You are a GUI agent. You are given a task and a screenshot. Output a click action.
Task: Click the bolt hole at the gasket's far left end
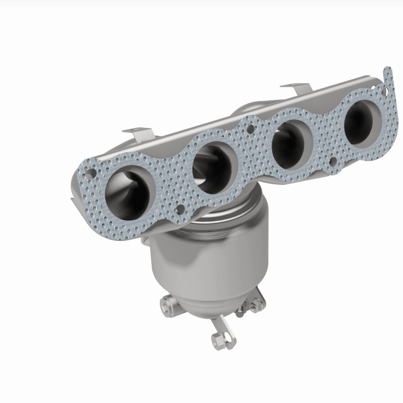(x=90, y=174)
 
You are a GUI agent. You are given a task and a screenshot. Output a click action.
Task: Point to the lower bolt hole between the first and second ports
(x=179, y=208)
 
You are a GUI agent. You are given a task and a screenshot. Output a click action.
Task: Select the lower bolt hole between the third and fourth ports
(x=332, y=161)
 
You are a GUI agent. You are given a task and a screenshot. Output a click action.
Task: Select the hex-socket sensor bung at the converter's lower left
(x=167, y=304)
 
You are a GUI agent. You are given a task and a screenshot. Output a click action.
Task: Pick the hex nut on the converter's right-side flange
(x=256, y=303)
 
